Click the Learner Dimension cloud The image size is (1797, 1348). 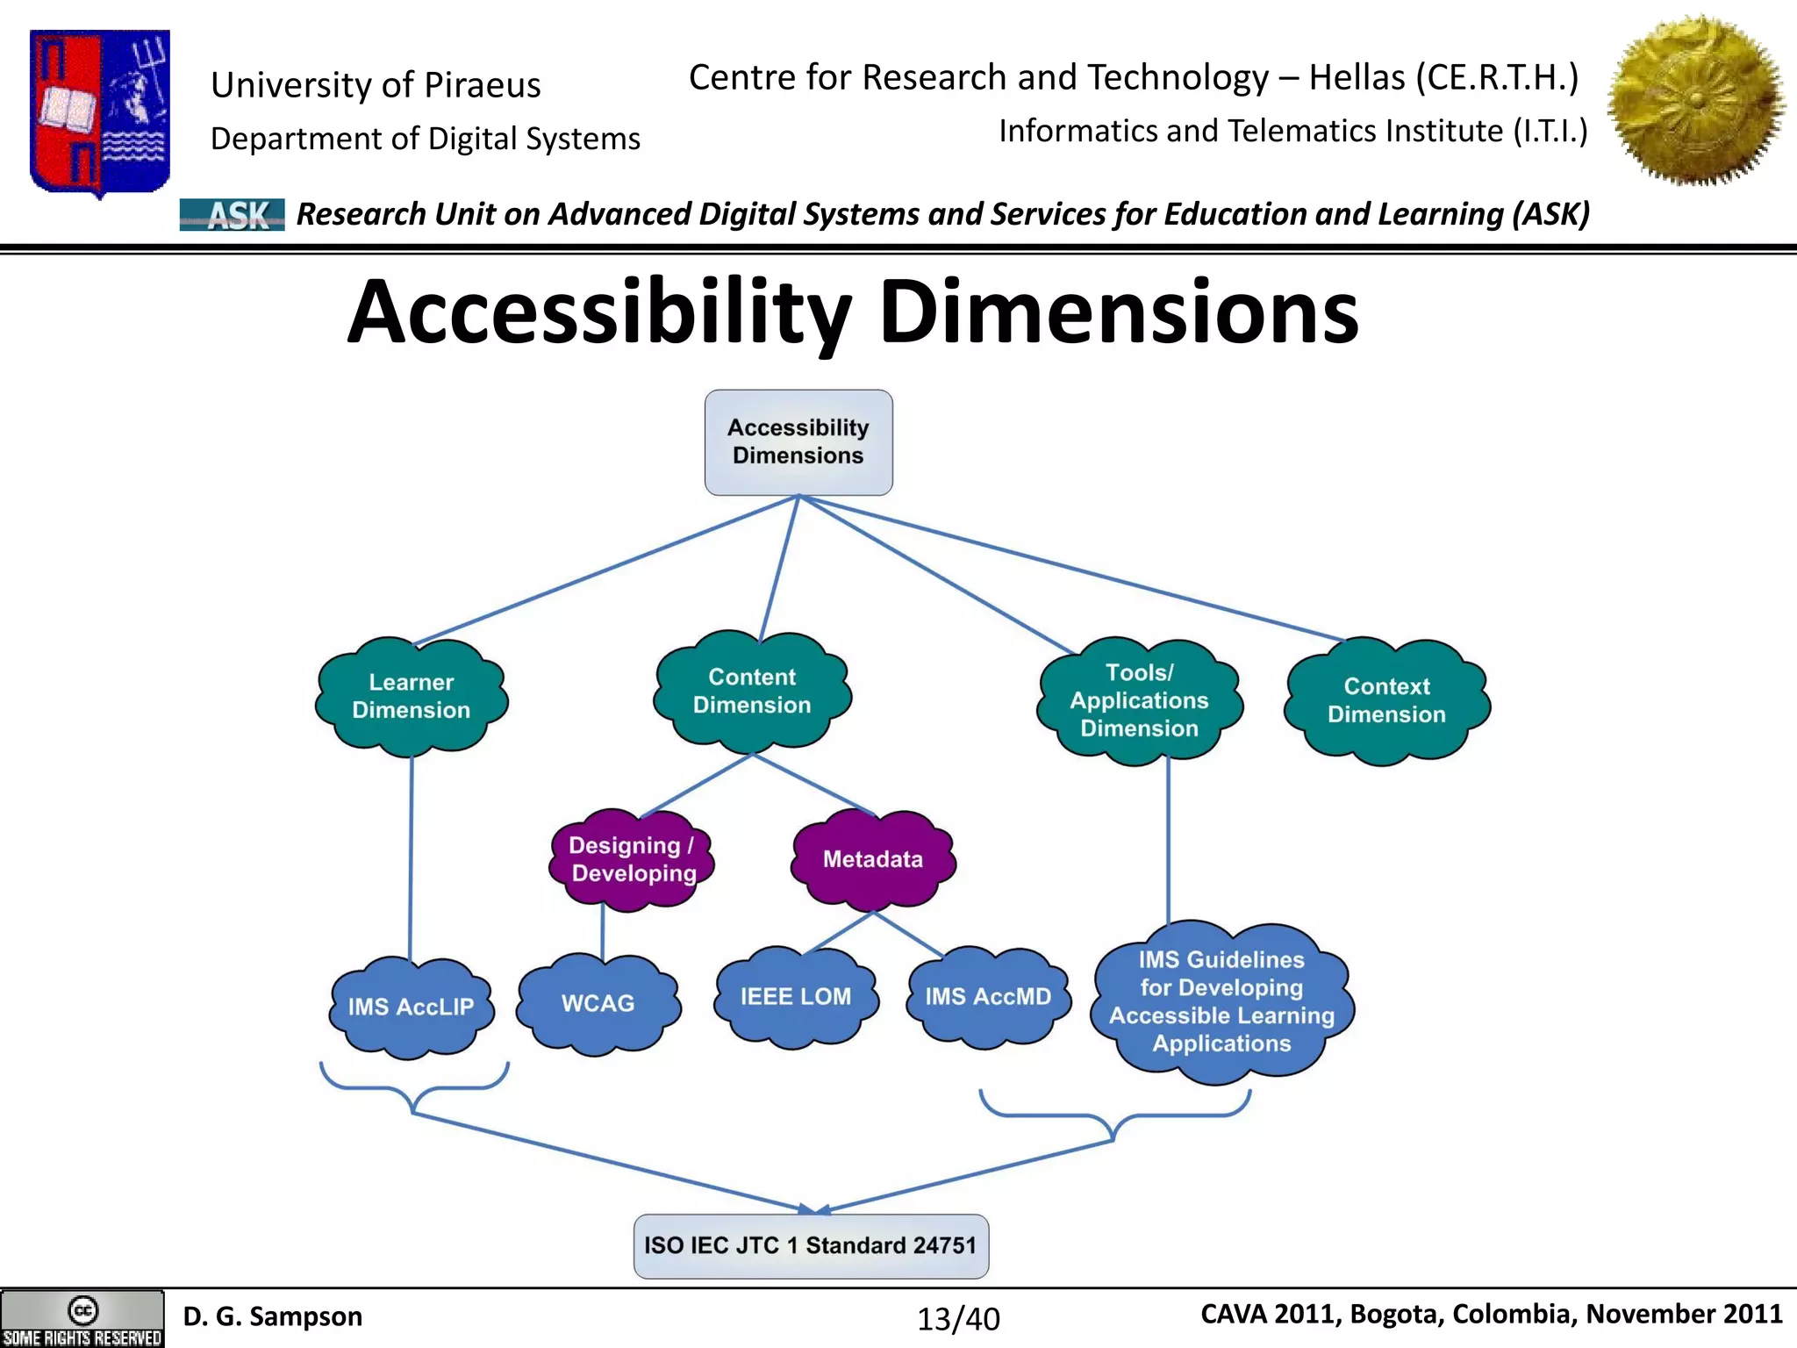(412, 696)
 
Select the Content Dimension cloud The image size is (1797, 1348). (752, 691)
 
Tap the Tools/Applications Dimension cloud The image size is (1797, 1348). (1139, 700)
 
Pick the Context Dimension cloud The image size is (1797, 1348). (1386, 700)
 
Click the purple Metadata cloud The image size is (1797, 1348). (873, 859)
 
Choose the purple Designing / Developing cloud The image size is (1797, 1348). (632, 859)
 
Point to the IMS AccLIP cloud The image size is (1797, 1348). (411, 1007)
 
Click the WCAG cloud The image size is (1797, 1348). (598, 1003)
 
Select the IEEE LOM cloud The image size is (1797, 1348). (796, 997)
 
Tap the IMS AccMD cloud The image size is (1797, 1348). (988, 997)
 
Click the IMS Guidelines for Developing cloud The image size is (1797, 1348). (1221, 1001)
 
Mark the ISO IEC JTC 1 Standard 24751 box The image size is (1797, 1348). (811, 1245)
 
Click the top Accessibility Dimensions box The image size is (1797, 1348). (798, 441)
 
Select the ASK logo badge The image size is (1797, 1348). (232, 214)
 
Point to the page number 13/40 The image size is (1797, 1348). (958, 1318)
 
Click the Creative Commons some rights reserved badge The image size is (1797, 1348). (82, 1319)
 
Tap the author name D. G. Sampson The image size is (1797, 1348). (272, 1316)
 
